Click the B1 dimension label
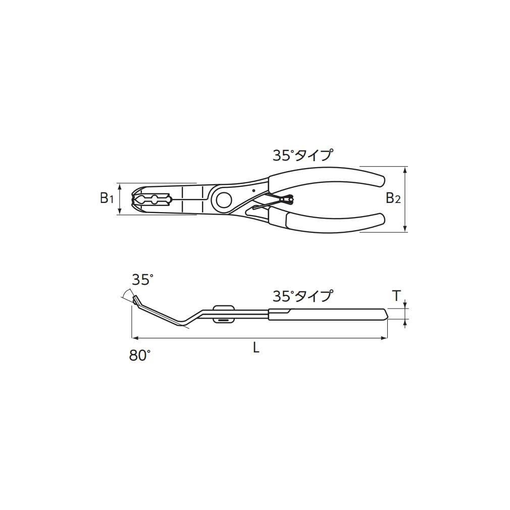(107, 198)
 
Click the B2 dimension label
(393, 198)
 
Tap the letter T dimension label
(396, 296)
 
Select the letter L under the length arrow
(257, 349)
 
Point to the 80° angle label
(140, 355)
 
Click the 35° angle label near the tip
(142, 280)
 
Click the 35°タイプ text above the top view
(303, 156)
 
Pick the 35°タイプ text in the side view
(303, 296)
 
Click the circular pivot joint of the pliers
(224, 199)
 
